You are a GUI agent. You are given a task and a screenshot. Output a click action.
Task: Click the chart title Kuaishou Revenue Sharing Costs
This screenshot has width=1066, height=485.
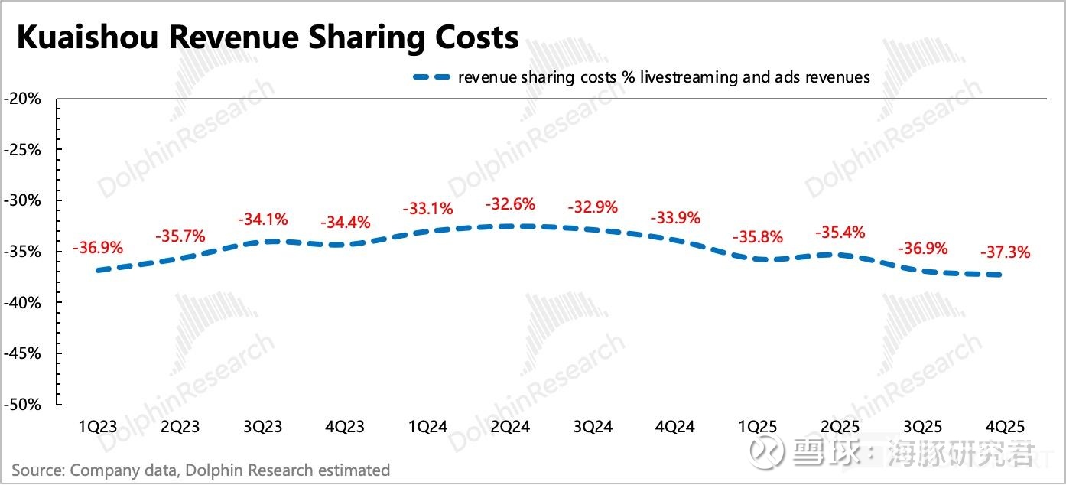click(x=268, y=37)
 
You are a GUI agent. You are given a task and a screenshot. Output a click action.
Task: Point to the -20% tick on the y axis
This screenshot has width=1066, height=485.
click(x=25, y=99)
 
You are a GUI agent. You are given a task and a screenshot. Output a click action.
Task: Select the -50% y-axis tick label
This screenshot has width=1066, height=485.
click(x=25, y=405)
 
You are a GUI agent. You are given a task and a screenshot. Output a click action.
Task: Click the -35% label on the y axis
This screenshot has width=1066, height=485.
click(x=25, y=252)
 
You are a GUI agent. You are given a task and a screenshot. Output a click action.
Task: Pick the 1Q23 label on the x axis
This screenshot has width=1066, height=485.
click(x=97, y=427)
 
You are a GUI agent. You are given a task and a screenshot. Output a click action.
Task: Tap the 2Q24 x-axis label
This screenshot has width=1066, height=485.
click(x=509, y=427)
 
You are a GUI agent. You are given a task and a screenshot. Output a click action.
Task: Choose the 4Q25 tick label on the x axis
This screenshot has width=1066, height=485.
click(x=1004, y=427)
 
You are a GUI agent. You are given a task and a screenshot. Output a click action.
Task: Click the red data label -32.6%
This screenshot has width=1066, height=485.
click(x=510, y=205)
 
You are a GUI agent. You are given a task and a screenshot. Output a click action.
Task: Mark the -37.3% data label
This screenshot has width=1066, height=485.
click(x=1005, y=252)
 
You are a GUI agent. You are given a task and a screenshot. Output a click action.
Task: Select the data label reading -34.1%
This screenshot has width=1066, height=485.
click(x=262, y=220)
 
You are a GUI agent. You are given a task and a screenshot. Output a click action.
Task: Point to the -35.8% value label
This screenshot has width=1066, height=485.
click(x=757, y=237)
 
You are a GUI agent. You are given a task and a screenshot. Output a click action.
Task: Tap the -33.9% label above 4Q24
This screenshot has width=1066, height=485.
click(x=674, y=218)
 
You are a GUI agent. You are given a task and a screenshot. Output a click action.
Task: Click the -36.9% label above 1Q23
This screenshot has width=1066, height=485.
click(x=97, y=248)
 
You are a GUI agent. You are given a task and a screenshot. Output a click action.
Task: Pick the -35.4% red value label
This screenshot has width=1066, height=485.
click(x=840, y=233)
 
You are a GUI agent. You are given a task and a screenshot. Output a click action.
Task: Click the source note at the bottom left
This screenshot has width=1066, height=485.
click(x=200, y=470)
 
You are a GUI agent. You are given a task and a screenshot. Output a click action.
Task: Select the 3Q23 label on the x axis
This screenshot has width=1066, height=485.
click(x=262, y=427)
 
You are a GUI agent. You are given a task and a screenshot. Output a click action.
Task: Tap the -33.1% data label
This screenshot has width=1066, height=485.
click(x=427, y=208)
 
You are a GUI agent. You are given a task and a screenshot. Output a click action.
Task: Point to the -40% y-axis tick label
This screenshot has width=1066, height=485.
click(x=25, y=303)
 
